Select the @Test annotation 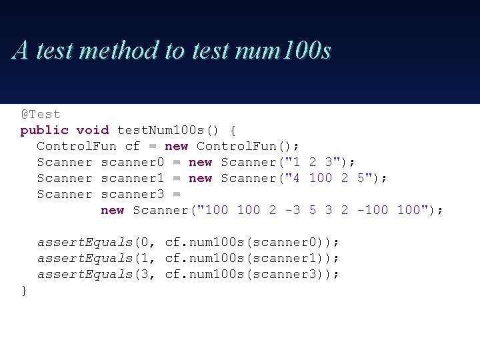[x=41, y=114]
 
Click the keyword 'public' [x=45, y=130]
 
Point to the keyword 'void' [x=93, y=130]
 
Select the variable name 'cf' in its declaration [x=133, y=146]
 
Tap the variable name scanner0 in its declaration [x=133, y=162]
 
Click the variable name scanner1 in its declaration [x=133, y=178]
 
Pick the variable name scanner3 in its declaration [x=133, y=194]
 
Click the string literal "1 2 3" [x=309, y=162]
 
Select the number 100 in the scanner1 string [x=321, y=178]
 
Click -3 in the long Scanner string [x=293, y=210]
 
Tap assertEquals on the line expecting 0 [x=85, y=242]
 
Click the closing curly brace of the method [x=25, y=290]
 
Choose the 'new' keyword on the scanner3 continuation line [x=113, y=210]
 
